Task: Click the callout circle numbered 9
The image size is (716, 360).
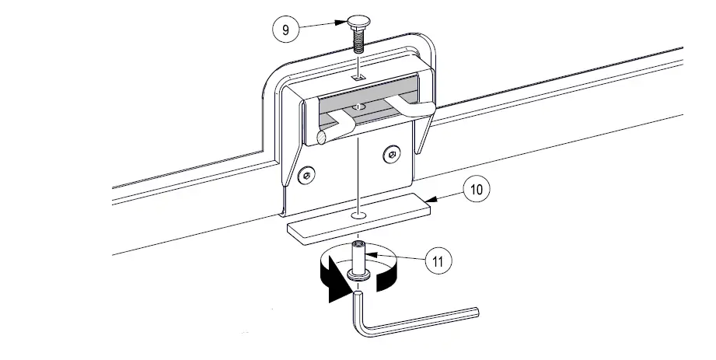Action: tap(285, 30)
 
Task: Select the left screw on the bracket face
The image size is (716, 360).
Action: tap(309, 174)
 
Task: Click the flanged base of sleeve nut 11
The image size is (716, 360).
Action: tap(358, 276)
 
